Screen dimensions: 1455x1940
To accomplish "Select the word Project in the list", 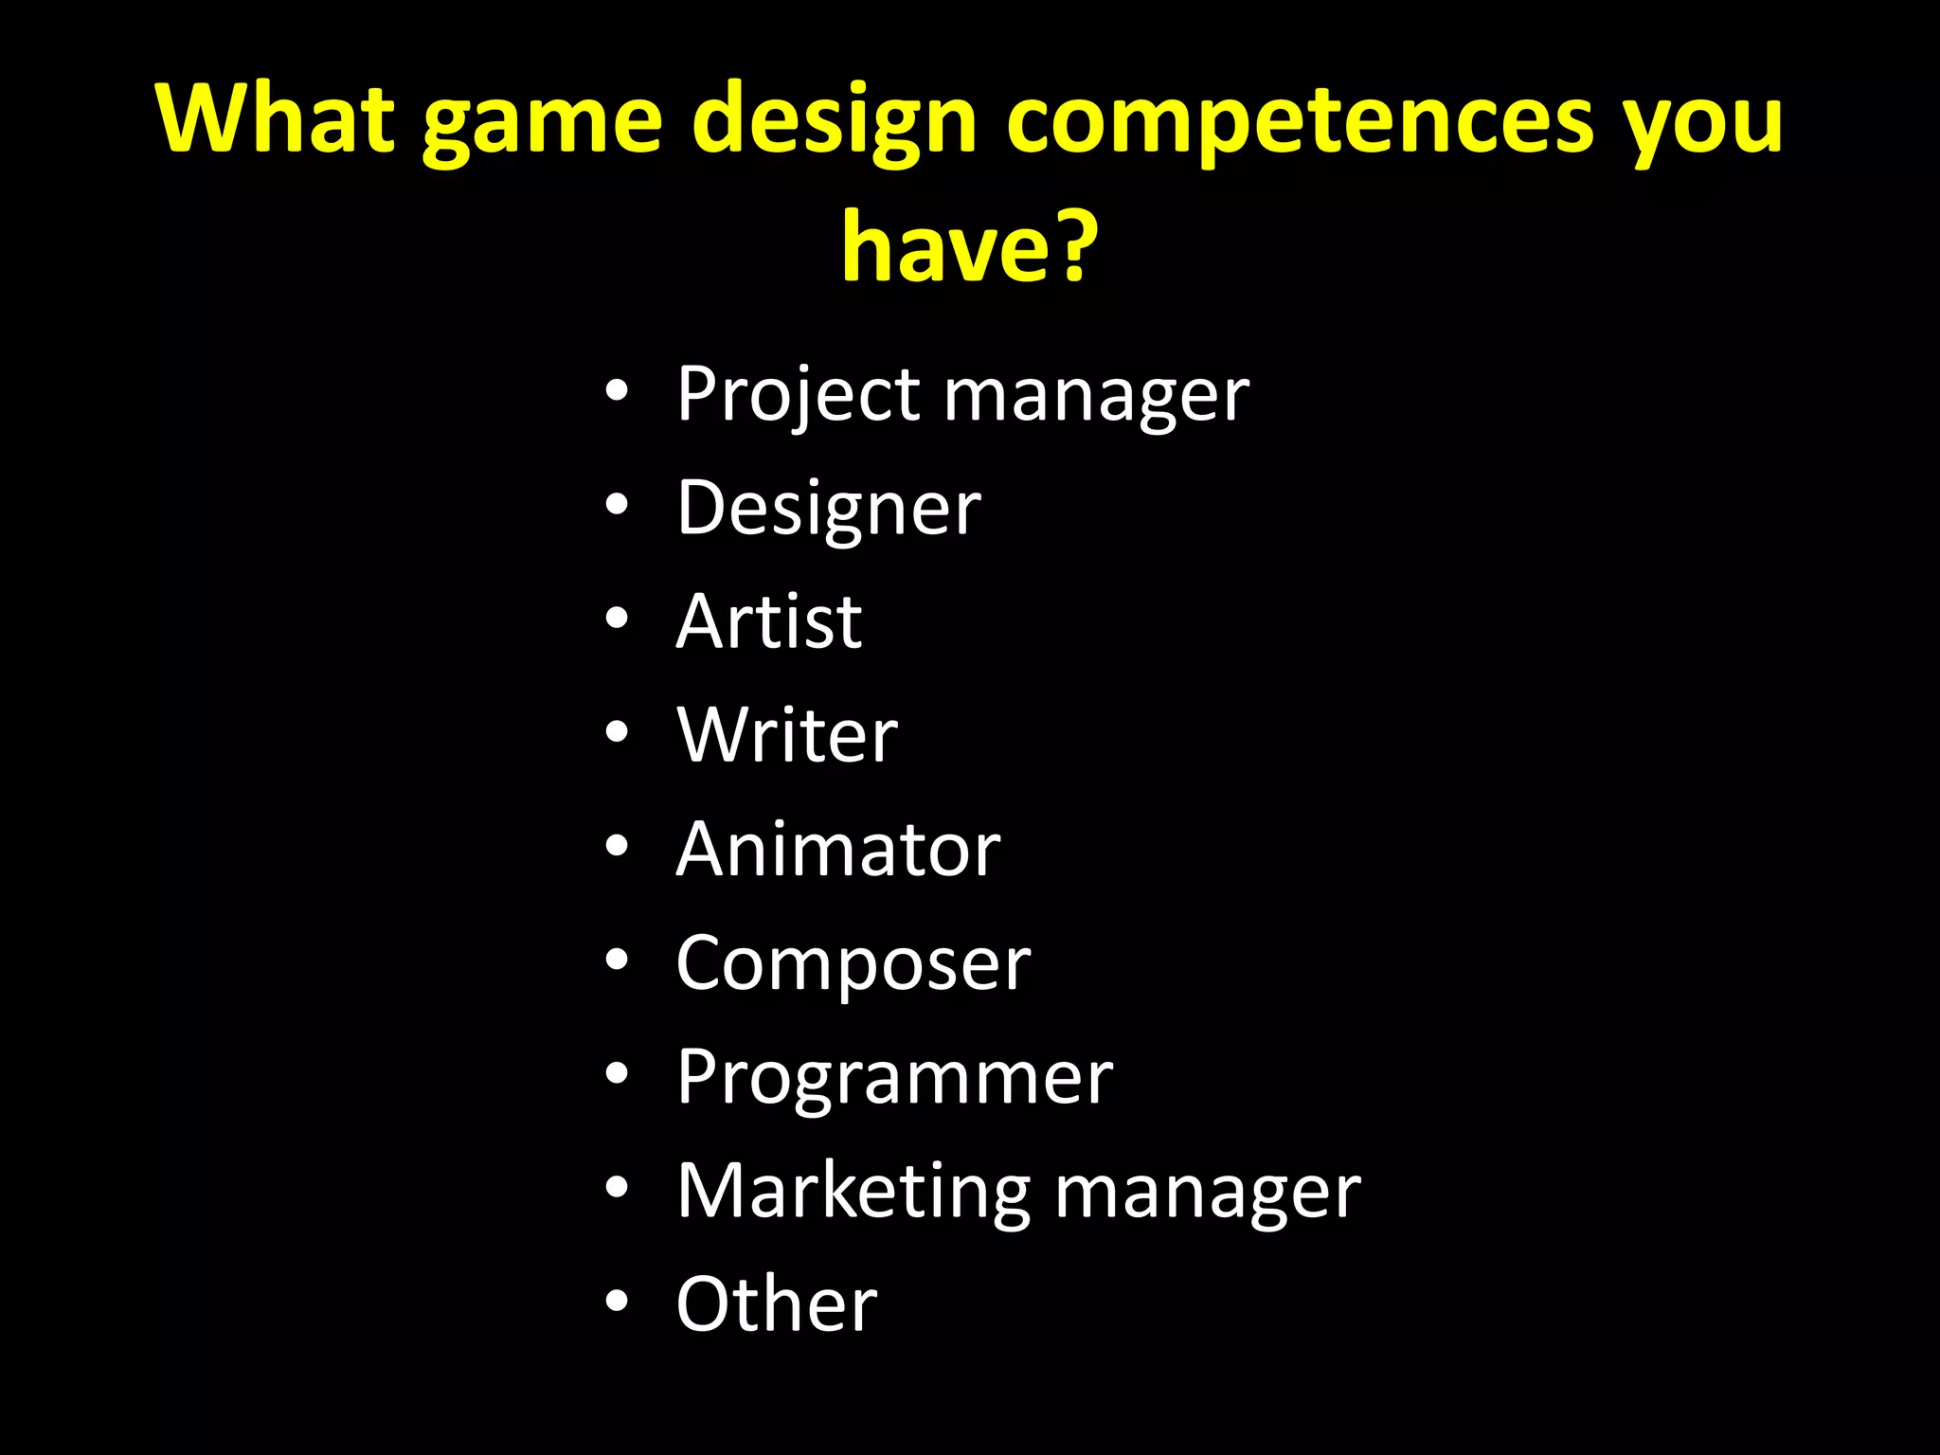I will tap(798, 396).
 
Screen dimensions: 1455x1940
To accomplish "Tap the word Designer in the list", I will tap(829, 510).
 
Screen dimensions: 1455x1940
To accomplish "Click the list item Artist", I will tap(769, 621).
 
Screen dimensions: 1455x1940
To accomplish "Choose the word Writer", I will tap(787, 735).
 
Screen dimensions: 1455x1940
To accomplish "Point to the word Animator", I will tap(838, 849).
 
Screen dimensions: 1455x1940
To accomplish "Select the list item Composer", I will tap(853, 964).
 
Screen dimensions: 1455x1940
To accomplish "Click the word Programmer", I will tap(894, 1078).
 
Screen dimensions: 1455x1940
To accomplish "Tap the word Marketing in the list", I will tap(853, 1192).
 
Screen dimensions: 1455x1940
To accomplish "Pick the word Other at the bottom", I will tap(777, 1303).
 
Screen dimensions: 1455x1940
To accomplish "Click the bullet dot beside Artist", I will tap(617, 620).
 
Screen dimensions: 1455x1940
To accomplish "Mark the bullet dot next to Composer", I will tap(617, 961).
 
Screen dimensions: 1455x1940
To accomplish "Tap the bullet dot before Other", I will tap(617, 1302).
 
